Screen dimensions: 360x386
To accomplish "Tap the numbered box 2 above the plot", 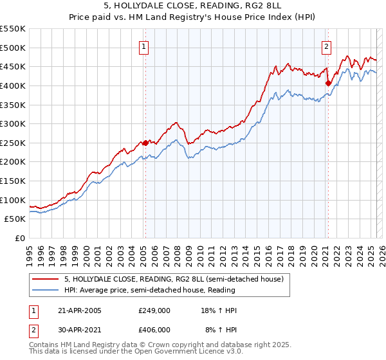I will coord(326,46).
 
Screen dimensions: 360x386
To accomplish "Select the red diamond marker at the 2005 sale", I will coord(145,143).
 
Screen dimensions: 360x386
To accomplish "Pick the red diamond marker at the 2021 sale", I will coord(327,83).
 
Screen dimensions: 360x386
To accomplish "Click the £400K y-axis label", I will coord(13,85).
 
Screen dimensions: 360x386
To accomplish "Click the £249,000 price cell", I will coord(154,310).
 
